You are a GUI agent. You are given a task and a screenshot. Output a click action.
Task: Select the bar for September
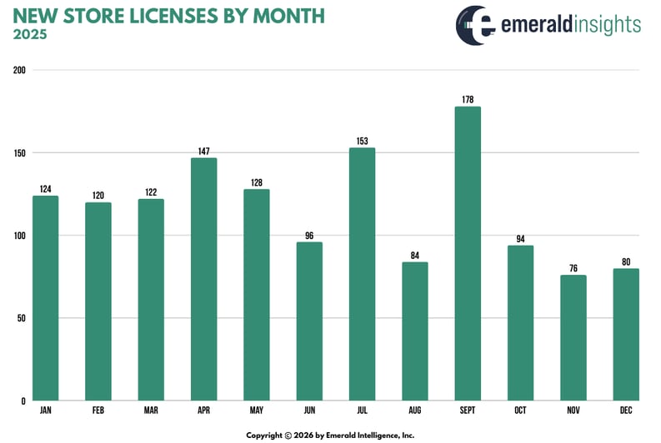tap(468, 254)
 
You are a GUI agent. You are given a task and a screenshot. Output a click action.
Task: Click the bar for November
tap(573, 338)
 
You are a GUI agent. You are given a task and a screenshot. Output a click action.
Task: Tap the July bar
tap(362, 275)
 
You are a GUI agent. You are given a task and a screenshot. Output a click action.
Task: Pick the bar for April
tap(203, 280)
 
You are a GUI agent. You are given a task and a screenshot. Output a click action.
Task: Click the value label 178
tap(468, 100)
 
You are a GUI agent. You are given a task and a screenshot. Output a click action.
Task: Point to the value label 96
tap(309, 236)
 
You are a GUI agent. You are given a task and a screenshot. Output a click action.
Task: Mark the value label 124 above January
tap(45, 189)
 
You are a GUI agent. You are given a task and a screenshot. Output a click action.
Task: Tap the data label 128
tap(256, 182)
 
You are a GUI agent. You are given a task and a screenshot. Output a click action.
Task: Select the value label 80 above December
tap(625, 261)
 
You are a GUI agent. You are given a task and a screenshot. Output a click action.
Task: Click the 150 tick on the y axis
tap(18, 153)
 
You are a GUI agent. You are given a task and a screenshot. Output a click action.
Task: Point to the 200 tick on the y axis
tap(18, 71)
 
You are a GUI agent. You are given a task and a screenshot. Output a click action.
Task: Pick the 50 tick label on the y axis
tap(21, 318)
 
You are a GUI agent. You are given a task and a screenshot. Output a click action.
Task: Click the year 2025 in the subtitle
tap(31, 35)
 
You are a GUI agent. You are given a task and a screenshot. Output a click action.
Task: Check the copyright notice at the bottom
tap(330, 435)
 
